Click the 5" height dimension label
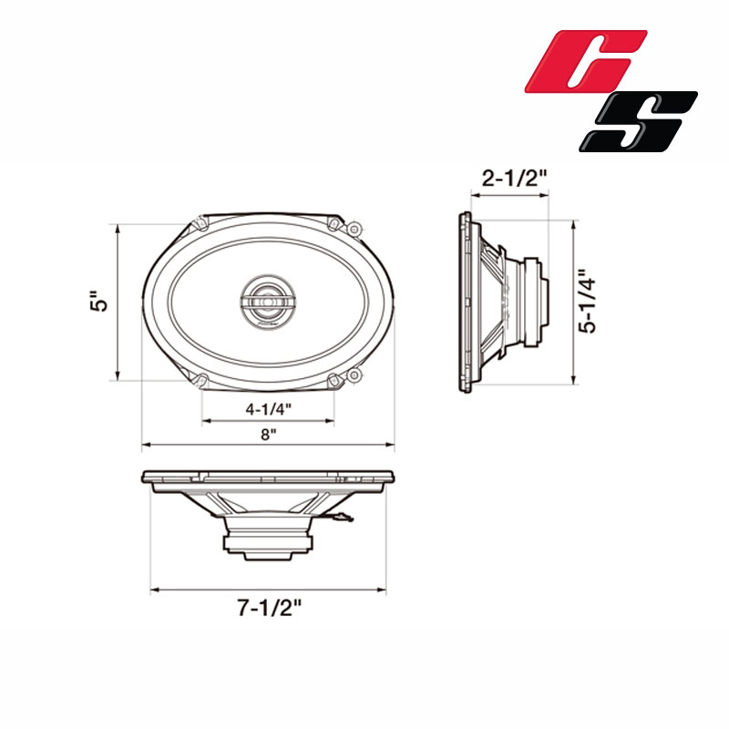pos(99,302)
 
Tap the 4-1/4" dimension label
pos(268,408)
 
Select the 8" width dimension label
pos(268,435)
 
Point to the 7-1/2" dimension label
pos(269,607)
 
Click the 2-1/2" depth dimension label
pos(514,178)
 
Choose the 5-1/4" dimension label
pos(587,302)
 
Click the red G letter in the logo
pos(586,60)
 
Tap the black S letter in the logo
pos(638,121)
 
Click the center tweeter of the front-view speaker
pos(267,302)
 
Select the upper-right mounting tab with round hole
pos(354,229)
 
